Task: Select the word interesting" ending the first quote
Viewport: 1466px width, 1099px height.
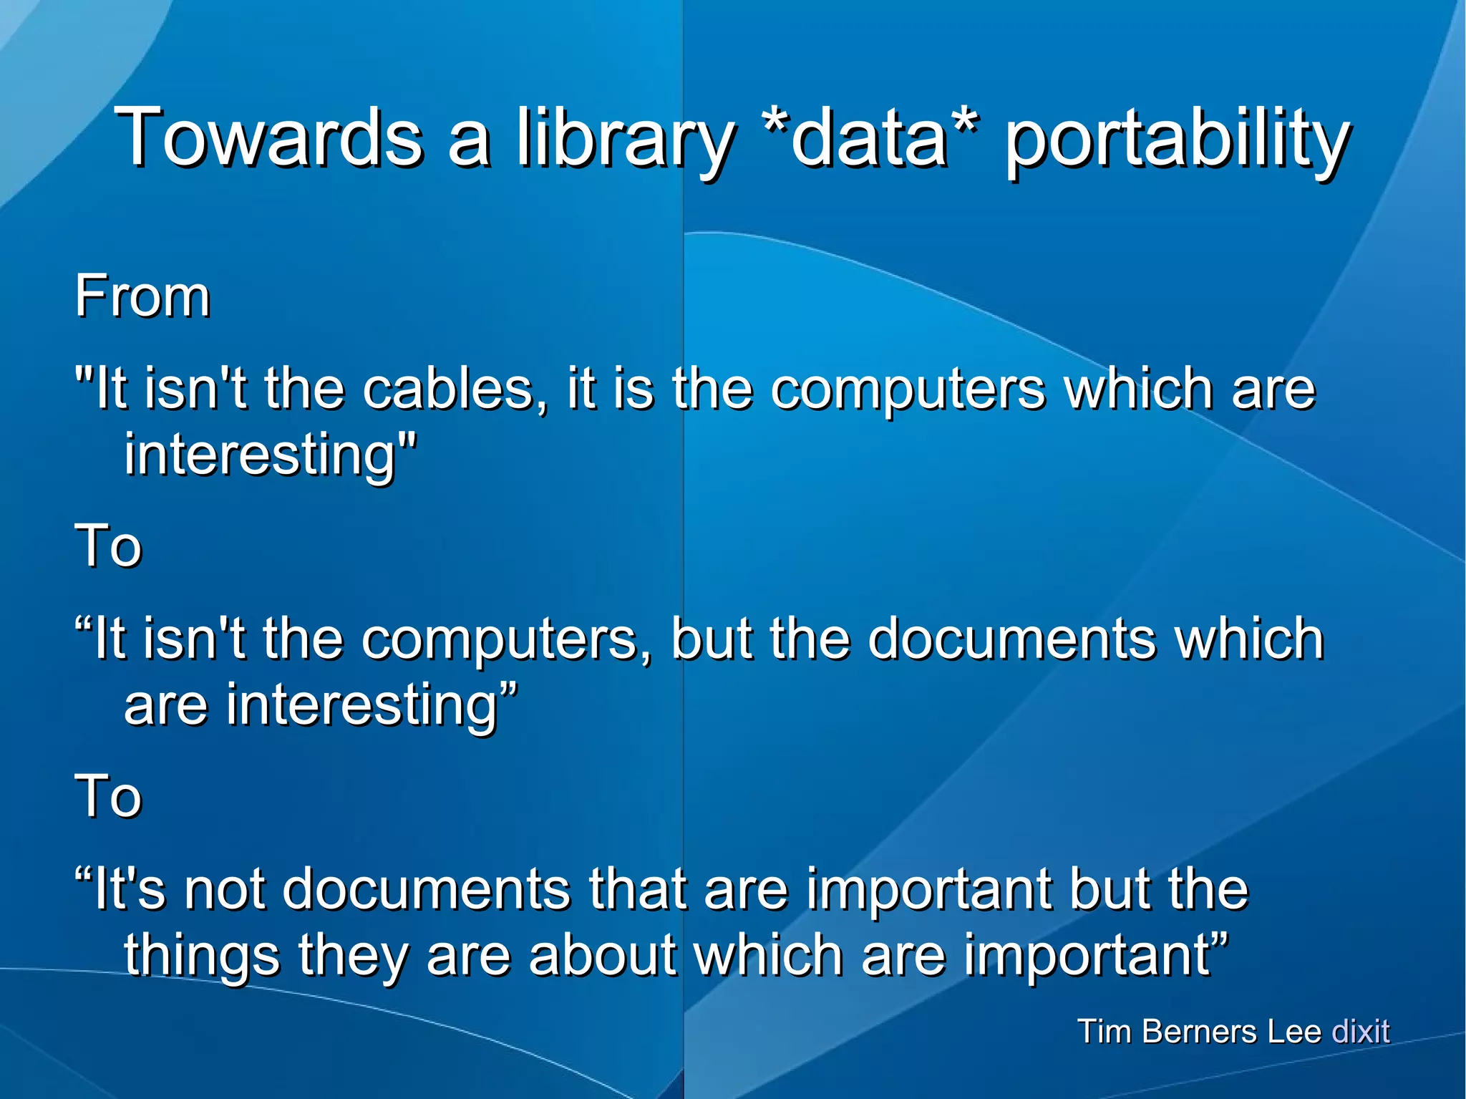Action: [x=270, y=455]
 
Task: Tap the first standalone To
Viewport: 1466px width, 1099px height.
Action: [x=109, y=546]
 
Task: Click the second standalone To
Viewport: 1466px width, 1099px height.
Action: [x=109, y=796]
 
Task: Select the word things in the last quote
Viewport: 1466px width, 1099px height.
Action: [x=202, y=957]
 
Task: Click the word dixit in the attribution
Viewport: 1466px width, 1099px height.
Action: [x=1360, y=1032]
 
